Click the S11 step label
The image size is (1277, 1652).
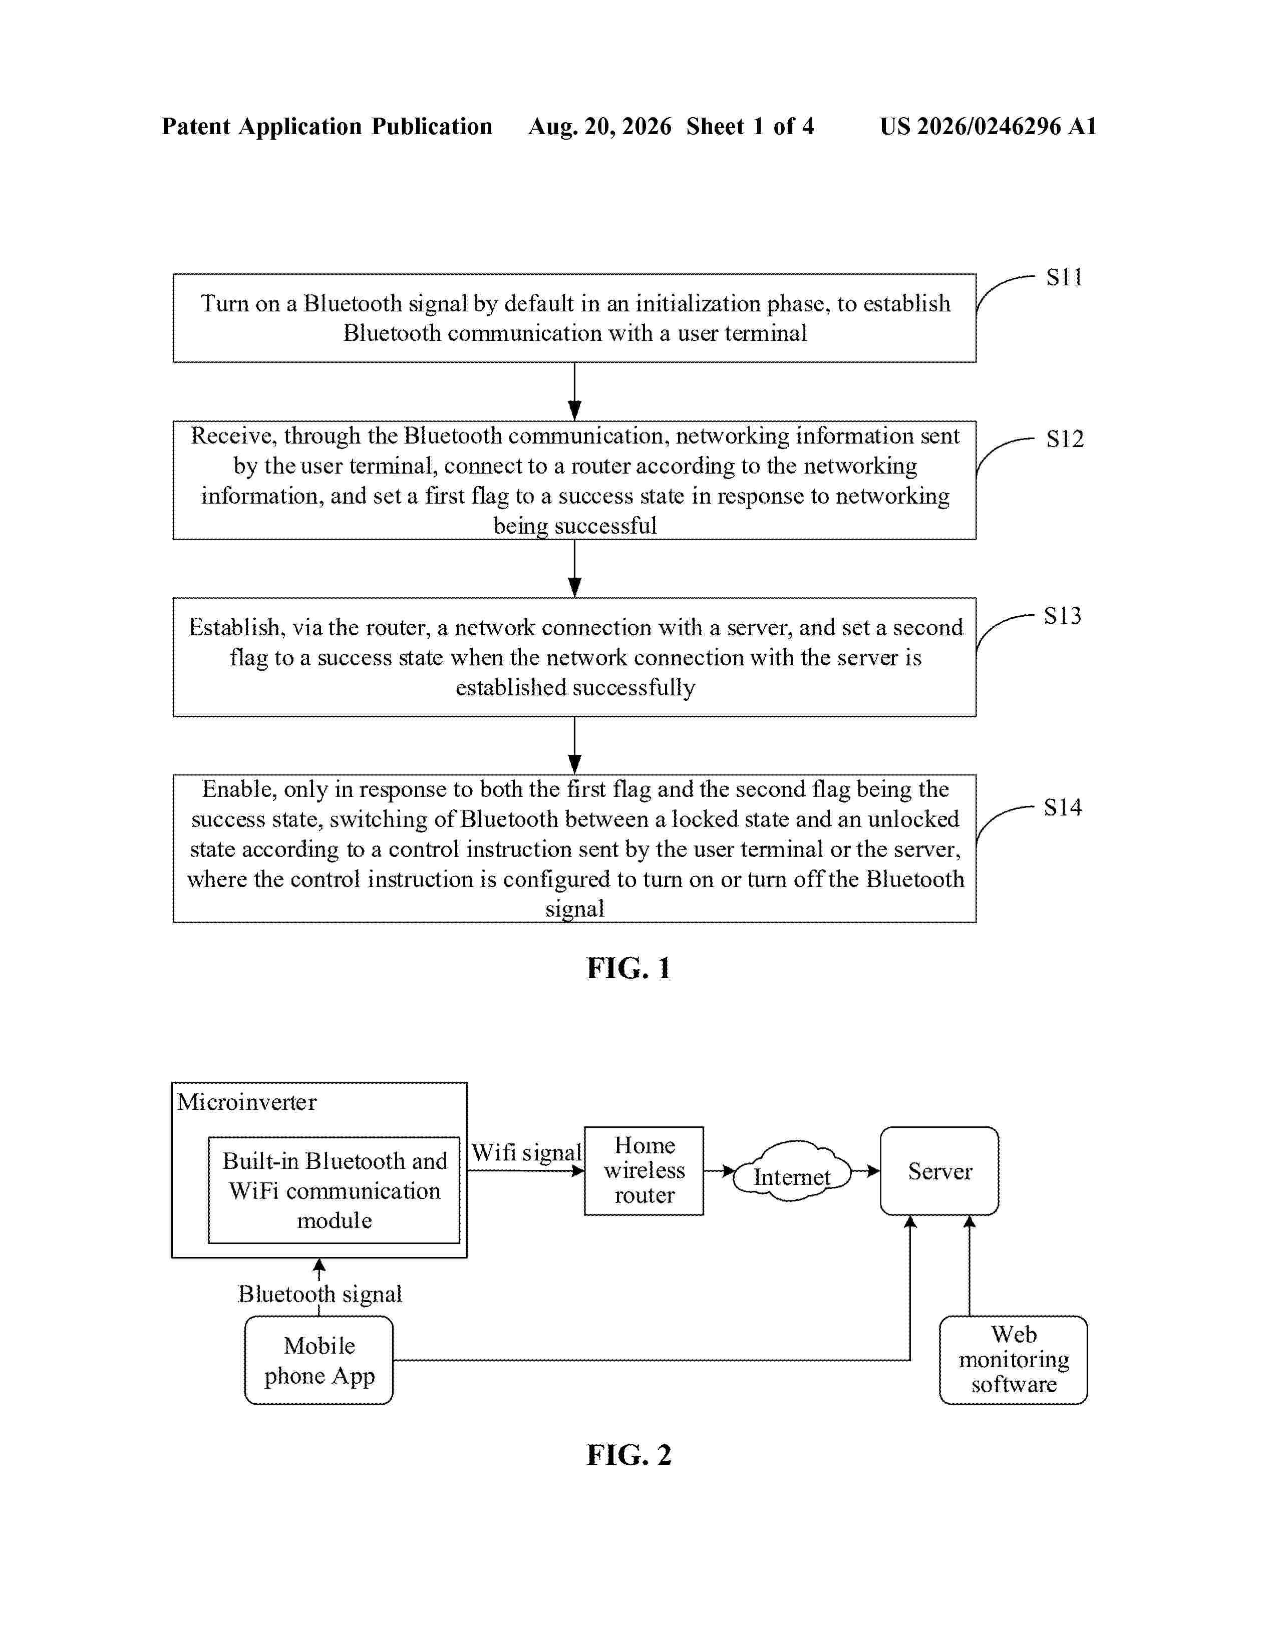[1065, 278]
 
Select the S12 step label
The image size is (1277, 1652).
[1065, 439]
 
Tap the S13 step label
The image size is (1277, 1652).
[1063, 616]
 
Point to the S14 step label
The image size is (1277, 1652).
[1063, 807]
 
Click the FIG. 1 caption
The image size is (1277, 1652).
[628, 968]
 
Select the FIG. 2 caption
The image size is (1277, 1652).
[628, 1455]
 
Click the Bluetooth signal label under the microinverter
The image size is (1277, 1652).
[320, 1294]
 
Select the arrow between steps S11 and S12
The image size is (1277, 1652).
[574, 391]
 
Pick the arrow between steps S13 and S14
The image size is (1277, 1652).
[574, 745]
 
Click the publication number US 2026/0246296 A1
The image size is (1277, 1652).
[988, 126]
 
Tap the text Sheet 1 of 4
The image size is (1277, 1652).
[750, 126]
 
